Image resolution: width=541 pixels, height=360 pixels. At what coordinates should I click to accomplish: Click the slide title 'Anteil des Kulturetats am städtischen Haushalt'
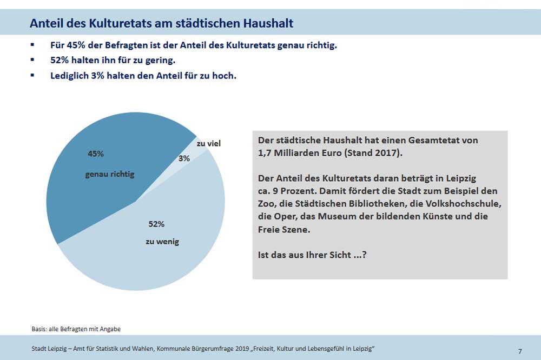(161, 24)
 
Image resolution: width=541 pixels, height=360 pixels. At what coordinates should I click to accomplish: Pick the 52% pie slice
(162, 249)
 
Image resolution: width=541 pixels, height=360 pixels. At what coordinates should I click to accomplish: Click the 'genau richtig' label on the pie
(110, 175)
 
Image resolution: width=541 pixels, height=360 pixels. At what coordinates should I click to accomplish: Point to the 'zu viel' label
(208, 144)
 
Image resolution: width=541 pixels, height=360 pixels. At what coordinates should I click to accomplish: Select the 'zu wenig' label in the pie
(162, 242)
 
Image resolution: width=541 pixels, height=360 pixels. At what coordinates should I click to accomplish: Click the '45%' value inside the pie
(96, 154)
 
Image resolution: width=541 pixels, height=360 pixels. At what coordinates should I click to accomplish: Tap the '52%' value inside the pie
(156, 224)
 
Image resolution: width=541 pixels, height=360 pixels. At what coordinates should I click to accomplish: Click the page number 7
(520, 351)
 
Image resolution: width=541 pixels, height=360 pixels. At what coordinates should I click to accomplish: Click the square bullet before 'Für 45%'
(32, 45)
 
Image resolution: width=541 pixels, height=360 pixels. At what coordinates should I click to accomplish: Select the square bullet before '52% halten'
(32, 60)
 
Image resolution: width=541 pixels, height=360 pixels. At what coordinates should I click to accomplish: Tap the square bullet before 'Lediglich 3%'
(32, 76)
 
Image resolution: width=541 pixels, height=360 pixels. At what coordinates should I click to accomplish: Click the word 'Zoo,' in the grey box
(268, 204)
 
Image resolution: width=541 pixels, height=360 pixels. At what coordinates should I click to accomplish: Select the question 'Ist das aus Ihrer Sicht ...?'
(313, 255)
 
